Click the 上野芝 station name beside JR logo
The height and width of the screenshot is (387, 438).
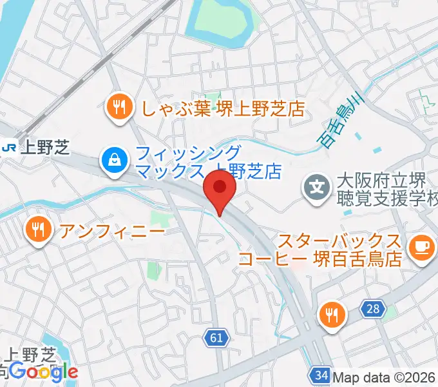(x=44, y=148)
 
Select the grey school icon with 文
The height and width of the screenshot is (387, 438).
(x=317, y=188)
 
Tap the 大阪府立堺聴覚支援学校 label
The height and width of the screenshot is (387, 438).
(x=385, y=189)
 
